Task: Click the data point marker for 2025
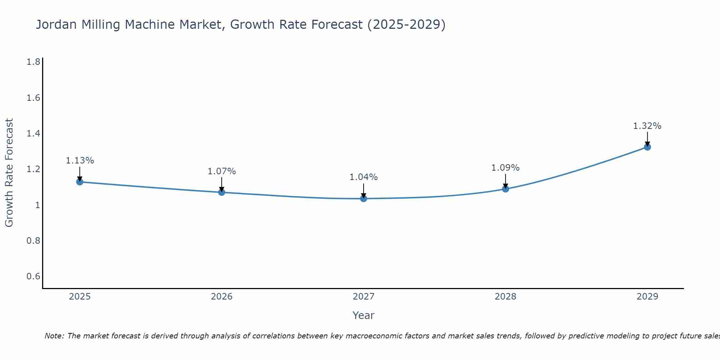click(80, 182)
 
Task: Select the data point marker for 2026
click(222, 192)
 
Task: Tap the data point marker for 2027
click(364, 198)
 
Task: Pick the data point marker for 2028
click(505, 189)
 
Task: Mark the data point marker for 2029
click(647, 147)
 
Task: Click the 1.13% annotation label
click(80, 161)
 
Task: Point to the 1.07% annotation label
click(222, 171)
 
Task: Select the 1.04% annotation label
click(364, 177)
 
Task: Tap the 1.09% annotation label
click(505, 168)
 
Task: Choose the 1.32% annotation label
click(647, 126)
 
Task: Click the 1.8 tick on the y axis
click(33, 62)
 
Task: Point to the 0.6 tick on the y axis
click(33, 276)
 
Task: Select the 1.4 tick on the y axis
click(33, 134)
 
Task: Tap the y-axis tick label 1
click(37, 205)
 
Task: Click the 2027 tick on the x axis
click(364, 297)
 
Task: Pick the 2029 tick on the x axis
click(647, 297)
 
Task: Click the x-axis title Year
click(364, 315)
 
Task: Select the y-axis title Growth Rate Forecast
click(9, 173)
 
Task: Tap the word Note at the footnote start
click(54, 336)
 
